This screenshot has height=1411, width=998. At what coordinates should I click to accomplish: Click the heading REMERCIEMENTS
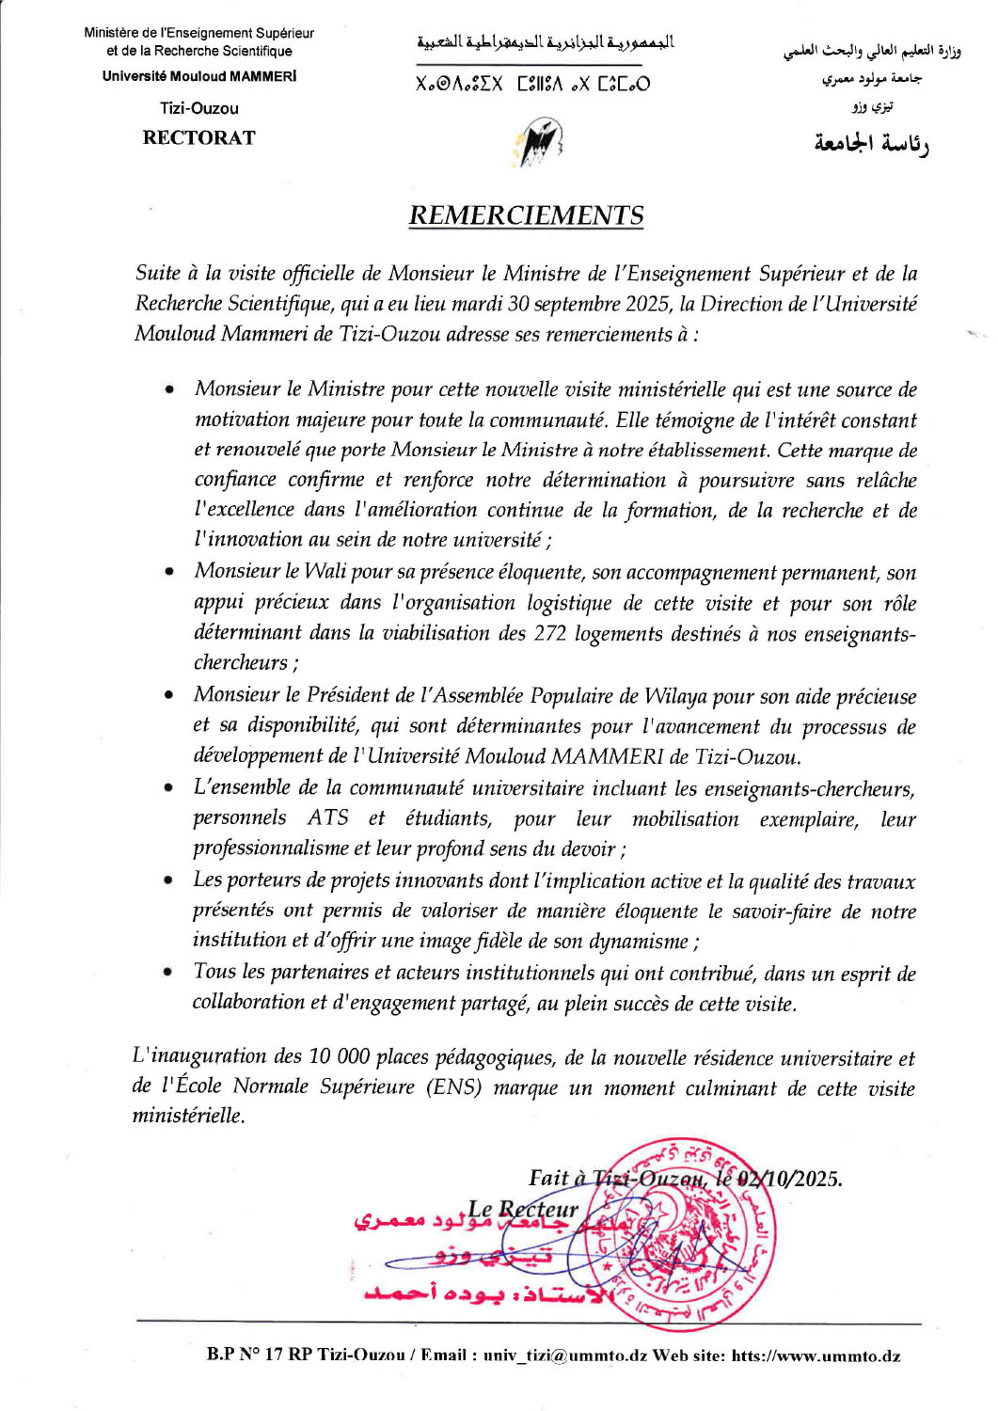tap(526, 215)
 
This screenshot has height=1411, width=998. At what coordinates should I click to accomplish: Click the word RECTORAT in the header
tap(198, 137)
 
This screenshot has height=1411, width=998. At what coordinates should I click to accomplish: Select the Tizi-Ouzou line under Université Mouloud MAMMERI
tap(198, 108)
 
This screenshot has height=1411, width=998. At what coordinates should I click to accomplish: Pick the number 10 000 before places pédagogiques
tap(339, 1057)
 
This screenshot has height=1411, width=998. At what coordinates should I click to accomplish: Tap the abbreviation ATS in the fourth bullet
tap(327, 818)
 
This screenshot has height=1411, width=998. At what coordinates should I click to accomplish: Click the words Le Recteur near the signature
tap(523, 1210)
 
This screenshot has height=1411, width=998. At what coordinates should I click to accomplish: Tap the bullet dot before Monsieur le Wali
tap(168, 572)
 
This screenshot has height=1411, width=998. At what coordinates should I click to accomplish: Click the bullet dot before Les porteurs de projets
tap(168, 881)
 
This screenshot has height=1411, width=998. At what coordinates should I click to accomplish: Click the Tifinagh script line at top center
tap(532, 85)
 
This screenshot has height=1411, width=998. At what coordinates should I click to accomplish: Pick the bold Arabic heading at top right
tap(871, 144)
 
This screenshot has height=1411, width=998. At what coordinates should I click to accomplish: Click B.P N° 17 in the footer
tap(246, 1356)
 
